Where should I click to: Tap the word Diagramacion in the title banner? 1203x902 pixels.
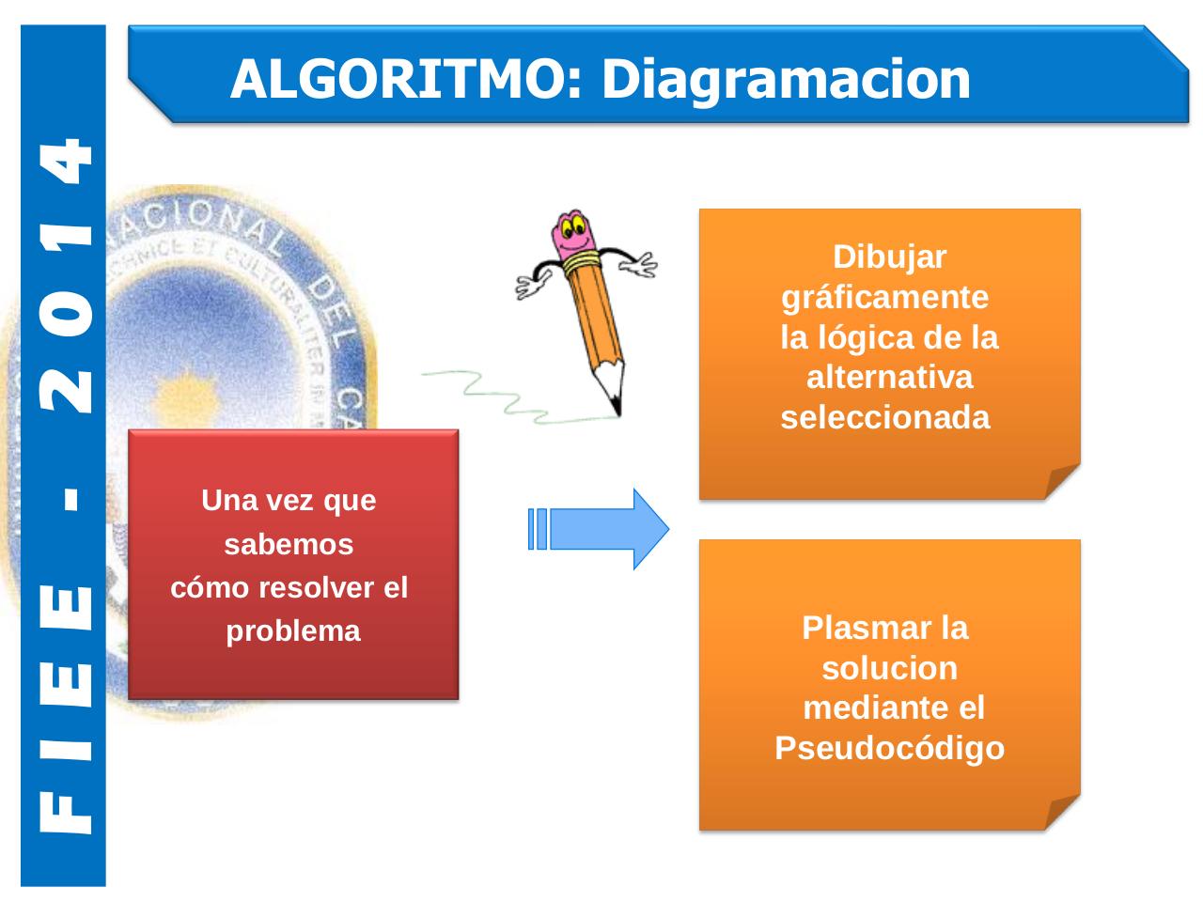(x=786, y=79)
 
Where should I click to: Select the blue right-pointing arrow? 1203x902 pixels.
(x=601, y=529)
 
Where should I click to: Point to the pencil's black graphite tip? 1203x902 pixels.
(x=616, y=405)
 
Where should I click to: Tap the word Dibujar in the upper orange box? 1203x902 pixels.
(x=890, y=257)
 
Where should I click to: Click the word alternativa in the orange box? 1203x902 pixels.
(x=889, y=378)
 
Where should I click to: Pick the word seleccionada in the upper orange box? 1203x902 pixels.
(x=885, y=418)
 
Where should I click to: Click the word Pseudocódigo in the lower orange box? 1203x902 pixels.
(x=889, y=749)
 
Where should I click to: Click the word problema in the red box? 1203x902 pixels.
(x=293, y=631)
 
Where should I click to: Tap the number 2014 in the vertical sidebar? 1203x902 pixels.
(x=66, y=277)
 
